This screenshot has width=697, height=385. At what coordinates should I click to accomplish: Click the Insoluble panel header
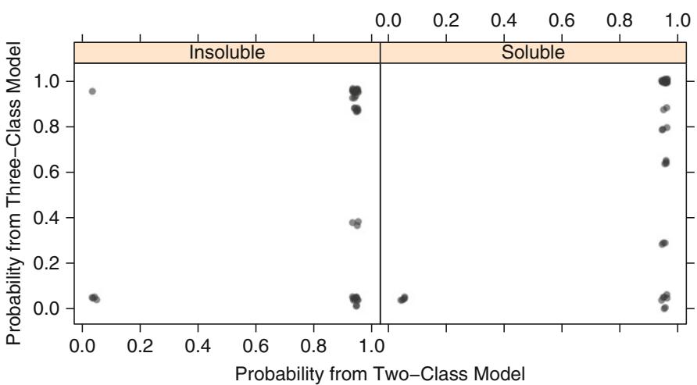point(227,52)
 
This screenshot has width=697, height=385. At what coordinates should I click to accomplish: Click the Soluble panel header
point(532,52)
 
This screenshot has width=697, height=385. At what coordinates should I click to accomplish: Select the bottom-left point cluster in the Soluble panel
point(403,298)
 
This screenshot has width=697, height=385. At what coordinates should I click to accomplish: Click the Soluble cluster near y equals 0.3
point(663,243)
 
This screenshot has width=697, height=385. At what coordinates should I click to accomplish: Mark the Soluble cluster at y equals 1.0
point(665,80)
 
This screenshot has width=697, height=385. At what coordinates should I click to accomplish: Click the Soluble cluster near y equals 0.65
point(666,162)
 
